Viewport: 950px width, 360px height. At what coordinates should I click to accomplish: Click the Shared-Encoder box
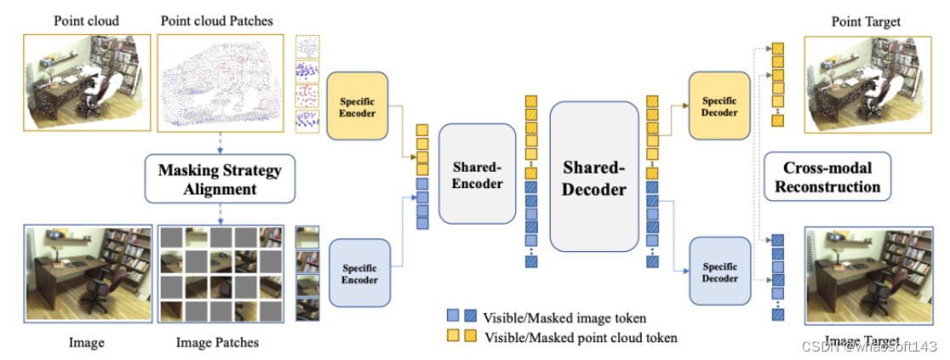click(x=477, y=174)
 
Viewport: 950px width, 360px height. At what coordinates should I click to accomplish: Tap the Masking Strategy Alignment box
click(x=220, y=178)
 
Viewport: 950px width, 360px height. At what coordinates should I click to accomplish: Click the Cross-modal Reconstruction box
click(x=827, y=176)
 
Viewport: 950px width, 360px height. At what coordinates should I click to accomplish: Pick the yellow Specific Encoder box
click(x=358, y=106)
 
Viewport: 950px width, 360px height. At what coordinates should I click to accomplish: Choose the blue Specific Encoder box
click(x=358, y=273)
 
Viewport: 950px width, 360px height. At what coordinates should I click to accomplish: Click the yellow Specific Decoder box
click(x=720, y=106)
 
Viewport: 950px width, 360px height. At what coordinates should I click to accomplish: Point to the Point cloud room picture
click(x=88, y=82)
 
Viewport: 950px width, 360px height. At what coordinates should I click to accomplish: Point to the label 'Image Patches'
click(x=217, y=343)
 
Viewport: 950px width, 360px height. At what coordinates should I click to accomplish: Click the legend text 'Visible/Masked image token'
click(x=564, y=318)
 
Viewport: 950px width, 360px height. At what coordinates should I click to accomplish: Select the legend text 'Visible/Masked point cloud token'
click(x=581, y=337)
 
